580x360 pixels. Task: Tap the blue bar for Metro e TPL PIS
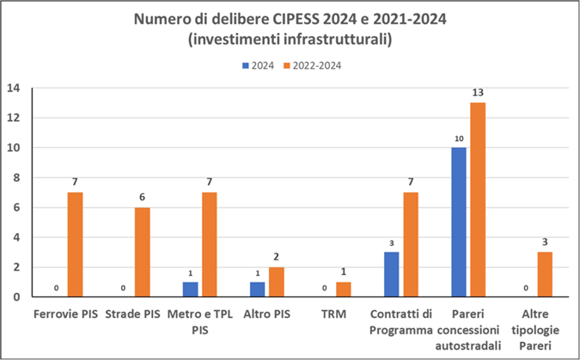point(190,290)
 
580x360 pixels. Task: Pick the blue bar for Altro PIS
point(257,290)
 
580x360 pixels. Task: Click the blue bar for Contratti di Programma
point(391,274)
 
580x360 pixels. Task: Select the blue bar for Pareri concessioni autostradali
point(458,222)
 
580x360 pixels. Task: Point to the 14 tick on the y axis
point(14,88)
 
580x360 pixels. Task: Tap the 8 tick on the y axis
point(17,177)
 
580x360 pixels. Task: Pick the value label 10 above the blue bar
point(458,137)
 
